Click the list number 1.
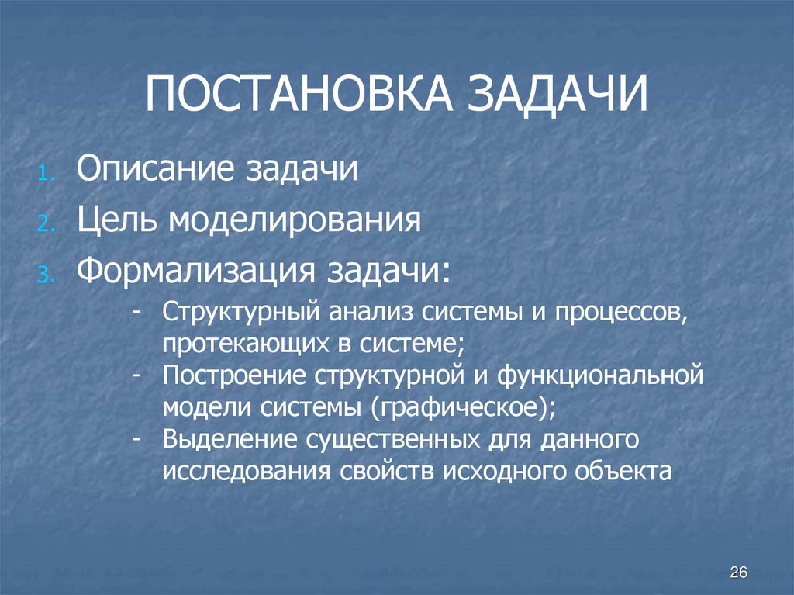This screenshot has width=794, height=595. pos(46,174)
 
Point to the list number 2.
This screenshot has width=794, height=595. pos(46,226)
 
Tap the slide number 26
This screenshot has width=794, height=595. pos(738,573)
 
